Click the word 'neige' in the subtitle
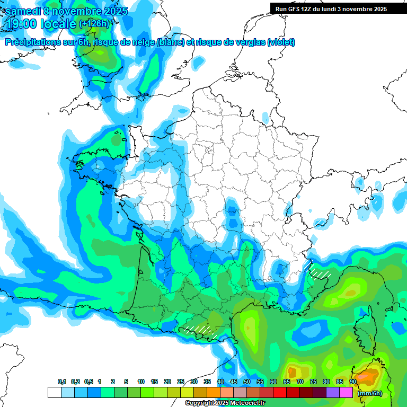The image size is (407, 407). (142, 42)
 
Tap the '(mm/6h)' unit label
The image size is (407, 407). (370, 393)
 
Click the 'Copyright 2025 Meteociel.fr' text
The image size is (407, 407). (225, 403)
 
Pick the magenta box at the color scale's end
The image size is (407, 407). (346, 393)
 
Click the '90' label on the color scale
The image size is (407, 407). (353, 382)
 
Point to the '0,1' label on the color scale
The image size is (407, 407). (62, 382)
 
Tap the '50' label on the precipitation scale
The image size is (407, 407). (247, 382)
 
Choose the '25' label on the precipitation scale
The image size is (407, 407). (181, 382)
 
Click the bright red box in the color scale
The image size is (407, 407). (280, 393)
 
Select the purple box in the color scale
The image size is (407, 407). (333, 393)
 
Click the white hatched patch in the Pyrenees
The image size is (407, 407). (200, 330)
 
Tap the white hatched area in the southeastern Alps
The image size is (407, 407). (319, 272)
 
